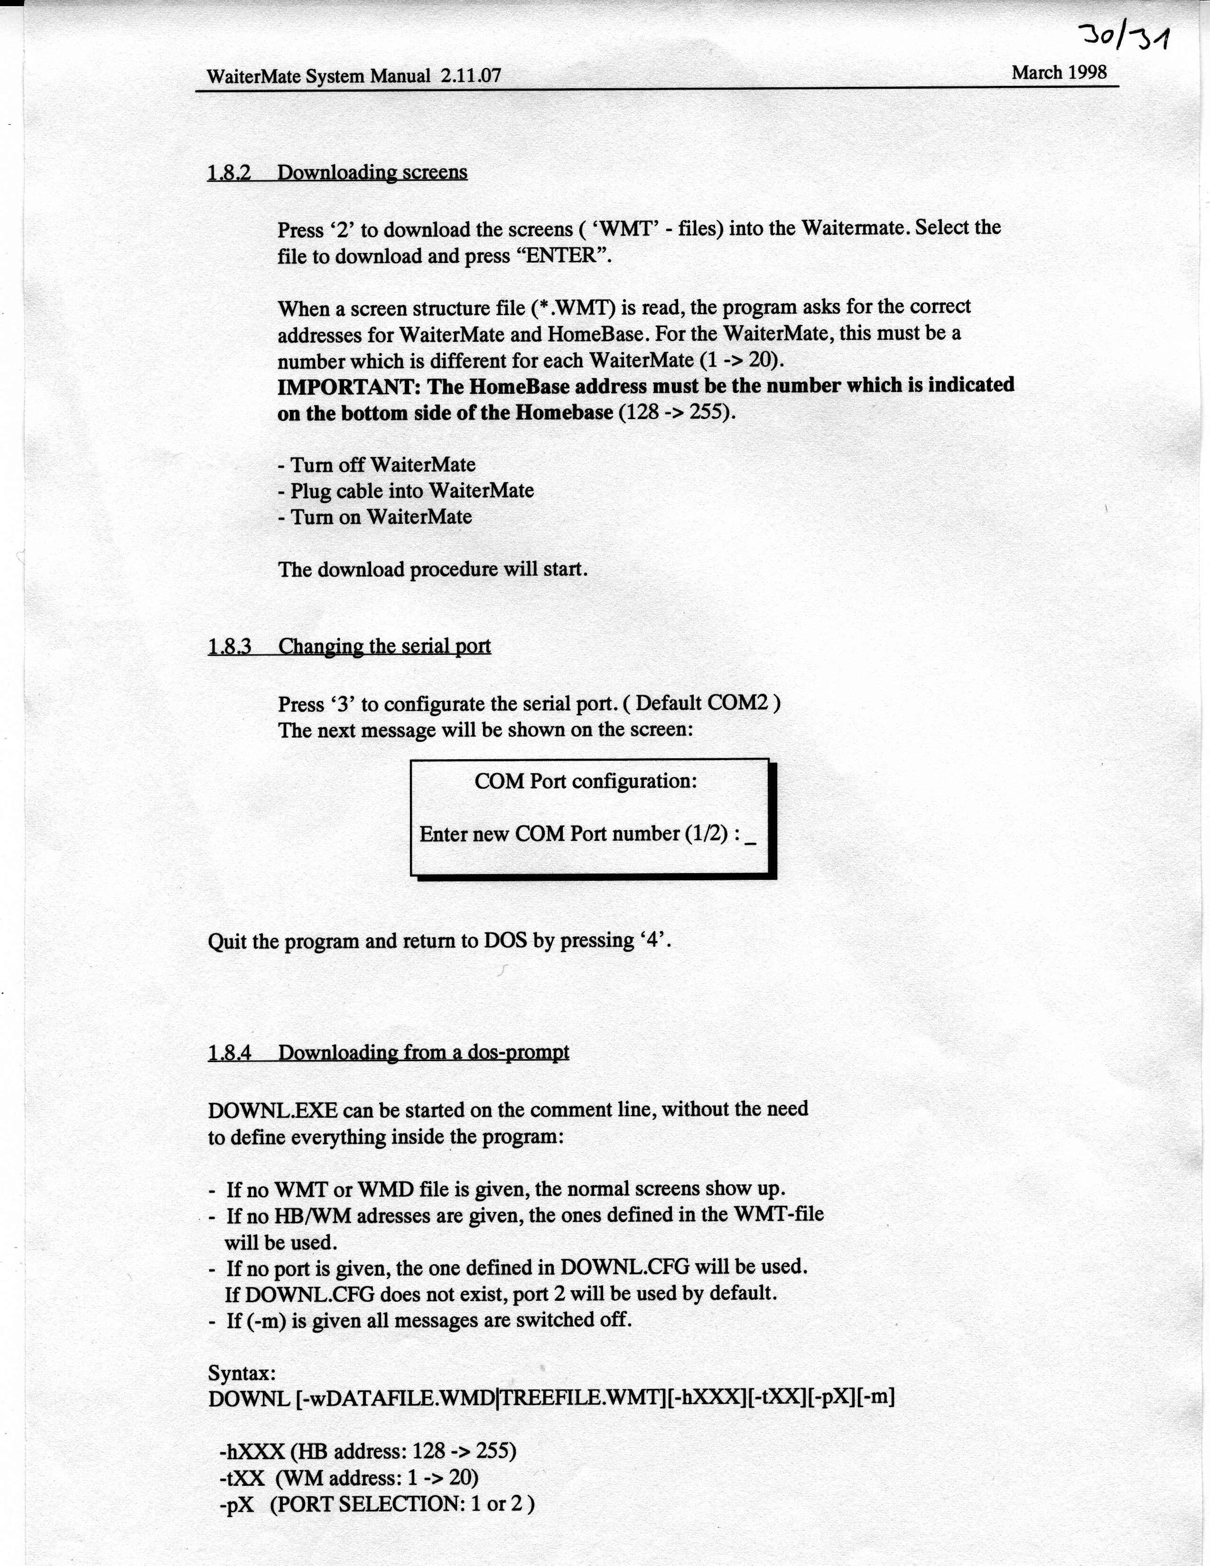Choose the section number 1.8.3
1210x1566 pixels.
229,647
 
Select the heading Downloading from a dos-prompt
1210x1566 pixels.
424,1053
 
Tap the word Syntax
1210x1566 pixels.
242,1373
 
